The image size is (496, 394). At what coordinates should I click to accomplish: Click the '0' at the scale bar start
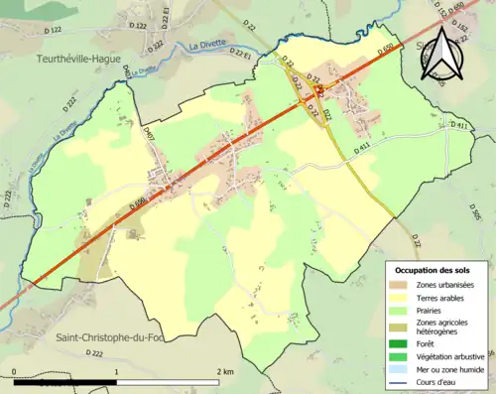[14, 372]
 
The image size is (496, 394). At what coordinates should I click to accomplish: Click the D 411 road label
[457, 126]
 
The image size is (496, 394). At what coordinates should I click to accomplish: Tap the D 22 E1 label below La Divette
[240, 53]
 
